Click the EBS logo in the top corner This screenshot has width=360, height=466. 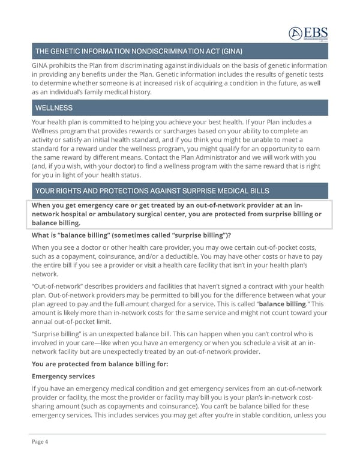pyautogui.click(x=308, y=34)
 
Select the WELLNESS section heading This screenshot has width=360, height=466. pyautogui.click(x=54, y=108)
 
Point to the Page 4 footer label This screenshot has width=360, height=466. pyautogui.click(x=40, y=442)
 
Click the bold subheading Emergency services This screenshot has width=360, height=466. pyautogui.click(x=63, y=377)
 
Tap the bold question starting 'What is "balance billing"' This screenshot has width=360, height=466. pyautogui.click(x=131, y=235)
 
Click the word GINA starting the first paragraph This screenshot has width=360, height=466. pyautogui.click(x=41, y=65)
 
